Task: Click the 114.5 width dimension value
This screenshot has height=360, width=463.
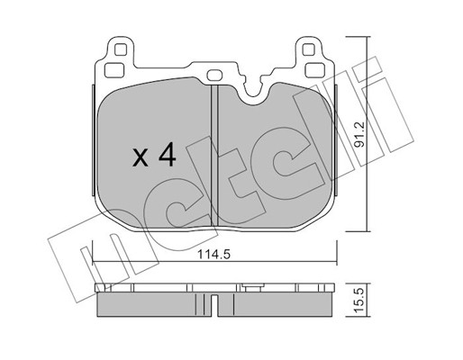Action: click(x=213, y=255)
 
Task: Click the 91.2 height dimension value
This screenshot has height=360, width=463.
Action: click(x=359, y=134)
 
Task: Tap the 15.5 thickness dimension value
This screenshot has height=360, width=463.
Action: click(x=359, y=300)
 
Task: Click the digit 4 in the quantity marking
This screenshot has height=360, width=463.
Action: click(x=168, y=154)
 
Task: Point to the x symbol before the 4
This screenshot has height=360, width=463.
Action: click(x=141, y=157)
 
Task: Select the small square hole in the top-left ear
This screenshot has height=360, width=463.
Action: click(x=121, y=49)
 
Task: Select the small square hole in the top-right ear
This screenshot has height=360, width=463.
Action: click(x=308, y=49)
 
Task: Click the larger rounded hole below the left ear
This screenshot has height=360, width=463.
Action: click(x=114, y=70)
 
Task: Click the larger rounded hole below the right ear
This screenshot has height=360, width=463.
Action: click(x=314, y=70)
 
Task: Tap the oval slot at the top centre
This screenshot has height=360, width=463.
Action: click(x=214, y=75)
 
